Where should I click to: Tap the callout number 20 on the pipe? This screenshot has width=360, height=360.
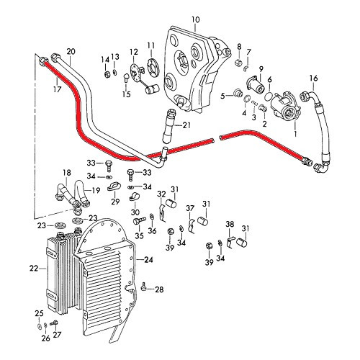[70, 51]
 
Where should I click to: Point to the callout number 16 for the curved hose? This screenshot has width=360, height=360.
[313, 78]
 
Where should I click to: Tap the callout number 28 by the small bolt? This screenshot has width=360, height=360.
[159, 289]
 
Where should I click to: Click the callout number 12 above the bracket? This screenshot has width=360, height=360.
[133, 51]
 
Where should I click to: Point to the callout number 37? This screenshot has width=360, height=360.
[191, 209]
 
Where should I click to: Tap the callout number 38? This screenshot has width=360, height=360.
[230, 224]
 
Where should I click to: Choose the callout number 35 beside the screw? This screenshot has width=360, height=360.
[140, 235]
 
